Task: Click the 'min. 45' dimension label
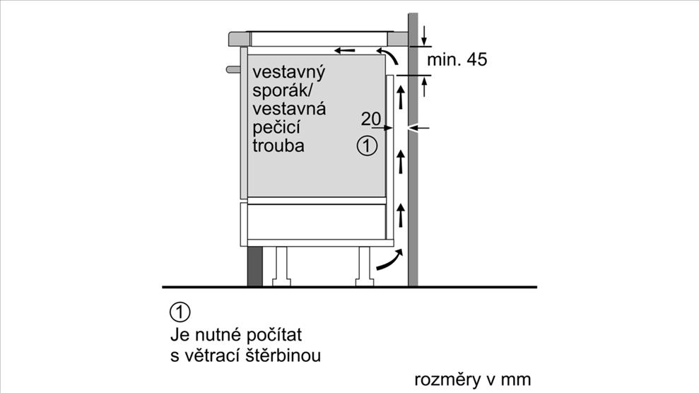(x=457, y=60)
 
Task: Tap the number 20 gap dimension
(x=370, y=118)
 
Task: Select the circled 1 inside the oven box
(x=367, y=146)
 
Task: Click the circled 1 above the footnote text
(x=180, y=311)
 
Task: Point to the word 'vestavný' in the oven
(x=288, y=73)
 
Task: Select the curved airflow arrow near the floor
(x=389, y=261)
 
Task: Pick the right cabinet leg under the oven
(x=365, y=264)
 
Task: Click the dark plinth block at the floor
(x=254, y=266)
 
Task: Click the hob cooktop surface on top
(x=322, y=33)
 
